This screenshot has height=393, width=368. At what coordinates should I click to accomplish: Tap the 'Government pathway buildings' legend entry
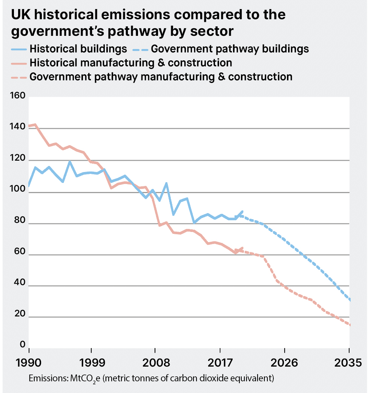[x=230, y=49]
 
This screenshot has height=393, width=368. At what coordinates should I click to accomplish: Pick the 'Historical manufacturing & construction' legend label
[x=130, y=62]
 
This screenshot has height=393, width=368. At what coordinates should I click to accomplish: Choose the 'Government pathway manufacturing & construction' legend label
[x=161, y=77]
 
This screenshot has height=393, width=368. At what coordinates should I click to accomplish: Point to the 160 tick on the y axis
[x=16, y=96]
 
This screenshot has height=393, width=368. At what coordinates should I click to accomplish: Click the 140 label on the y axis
[x=16, y=128]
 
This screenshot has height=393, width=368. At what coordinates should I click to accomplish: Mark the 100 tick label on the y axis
[x=16, y=192]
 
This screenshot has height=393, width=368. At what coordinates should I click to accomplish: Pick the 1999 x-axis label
[x=91, y=363]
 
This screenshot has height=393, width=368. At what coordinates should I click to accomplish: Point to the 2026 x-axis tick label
[x=284, y=363]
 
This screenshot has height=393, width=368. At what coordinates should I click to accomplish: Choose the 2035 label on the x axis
[x=347, y=363]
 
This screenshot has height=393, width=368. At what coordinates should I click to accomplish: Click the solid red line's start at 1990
[x=29, y=126]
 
